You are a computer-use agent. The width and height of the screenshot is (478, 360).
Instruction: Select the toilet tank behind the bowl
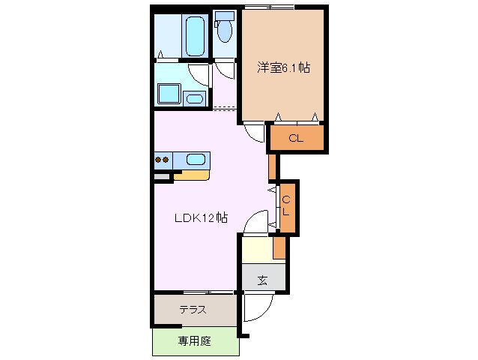click(x=223, y=17)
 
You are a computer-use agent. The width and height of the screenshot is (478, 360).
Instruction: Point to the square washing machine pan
click(x=168, y=94)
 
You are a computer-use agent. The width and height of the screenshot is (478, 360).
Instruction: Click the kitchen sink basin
click(x=196, y=159)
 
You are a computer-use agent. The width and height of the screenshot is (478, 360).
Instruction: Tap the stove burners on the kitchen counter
click(x=163, y=159)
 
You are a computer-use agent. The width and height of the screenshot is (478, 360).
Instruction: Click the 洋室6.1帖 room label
click(x=283, y=67)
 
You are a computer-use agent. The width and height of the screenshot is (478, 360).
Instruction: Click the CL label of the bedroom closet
click(x=296, y=138)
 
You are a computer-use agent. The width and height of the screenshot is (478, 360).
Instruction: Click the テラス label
click(x=193, y=310)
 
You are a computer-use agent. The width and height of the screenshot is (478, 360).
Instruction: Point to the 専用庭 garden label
click(x=195, y=341)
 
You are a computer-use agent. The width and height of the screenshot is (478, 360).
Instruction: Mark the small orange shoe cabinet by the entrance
click(x=279, y=245)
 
